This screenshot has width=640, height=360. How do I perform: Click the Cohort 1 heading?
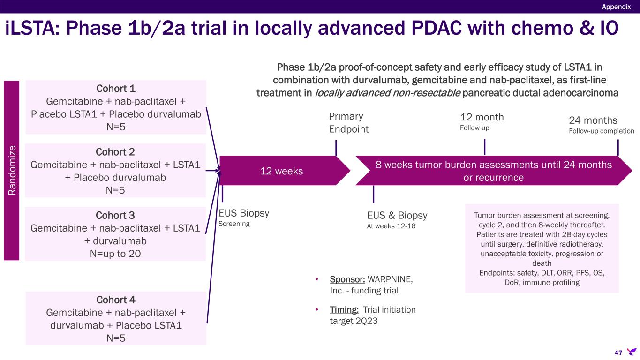(115, 89)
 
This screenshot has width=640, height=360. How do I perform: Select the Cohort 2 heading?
(115, 152)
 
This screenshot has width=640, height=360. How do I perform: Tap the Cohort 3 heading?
(115, 215)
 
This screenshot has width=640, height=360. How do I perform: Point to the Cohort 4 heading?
(115, 300)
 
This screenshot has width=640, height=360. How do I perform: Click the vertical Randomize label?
(12, 170)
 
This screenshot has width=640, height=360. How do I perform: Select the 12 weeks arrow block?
(281, 171)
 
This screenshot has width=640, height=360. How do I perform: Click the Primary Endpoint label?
(349, 123)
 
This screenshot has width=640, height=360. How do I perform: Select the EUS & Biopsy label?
(397, 216)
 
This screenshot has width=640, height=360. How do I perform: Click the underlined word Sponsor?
(347, 279)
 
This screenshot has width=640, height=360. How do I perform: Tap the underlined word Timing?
(345, 310)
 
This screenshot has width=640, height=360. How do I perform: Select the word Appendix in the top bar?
(616, 7)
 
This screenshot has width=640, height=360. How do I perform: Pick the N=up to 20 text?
(115, 253)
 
